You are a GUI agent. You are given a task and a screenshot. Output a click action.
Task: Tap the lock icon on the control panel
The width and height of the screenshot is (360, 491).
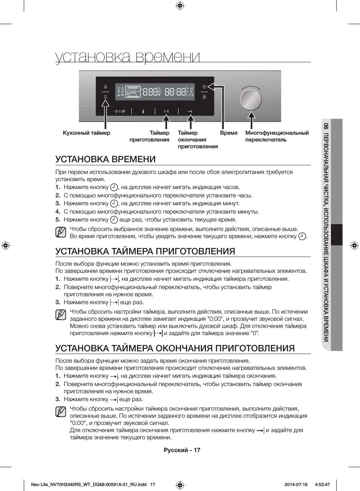tap(204, 97)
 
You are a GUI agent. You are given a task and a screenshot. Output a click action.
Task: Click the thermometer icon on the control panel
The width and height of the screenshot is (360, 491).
tap(143, 111)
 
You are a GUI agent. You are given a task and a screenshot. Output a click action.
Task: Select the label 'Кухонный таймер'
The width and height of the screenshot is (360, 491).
tap(86, 133)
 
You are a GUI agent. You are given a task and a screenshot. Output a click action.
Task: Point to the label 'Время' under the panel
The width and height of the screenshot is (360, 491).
tap(229, 133)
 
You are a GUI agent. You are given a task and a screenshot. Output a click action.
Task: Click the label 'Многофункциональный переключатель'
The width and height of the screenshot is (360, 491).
tap(277, 136)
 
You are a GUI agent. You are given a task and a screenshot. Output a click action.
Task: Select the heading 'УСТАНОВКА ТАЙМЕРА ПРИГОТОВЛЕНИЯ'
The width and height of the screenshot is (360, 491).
tap(145, 251)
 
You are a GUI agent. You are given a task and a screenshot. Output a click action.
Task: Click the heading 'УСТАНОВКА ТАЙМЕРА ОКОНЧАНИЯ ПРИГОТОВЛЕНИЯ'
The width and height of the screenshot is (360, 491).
tap(175, 348)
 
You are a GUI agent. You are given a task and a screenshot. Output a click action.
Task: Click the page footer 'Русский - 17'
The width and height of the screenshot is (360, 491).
tap(182, 450)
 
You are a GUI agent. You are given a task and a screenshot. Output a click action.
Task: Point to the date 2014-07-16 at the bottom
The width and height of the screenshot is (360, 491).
tap(296, 485)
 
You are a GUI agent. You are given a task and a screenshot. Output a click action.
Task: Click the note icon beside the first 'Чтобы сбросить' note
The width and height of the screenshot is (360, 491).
tap(61, 232)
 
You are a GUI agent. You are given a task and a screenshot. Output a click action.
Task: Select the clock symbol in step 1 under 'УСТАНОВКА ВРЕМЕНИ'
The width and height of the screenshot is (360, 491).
tap(114, 187)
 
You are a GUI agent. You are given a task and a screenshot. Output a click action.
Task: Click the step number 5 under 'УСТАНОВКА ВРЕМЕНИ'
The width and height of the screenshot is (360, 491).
tap(58, 220)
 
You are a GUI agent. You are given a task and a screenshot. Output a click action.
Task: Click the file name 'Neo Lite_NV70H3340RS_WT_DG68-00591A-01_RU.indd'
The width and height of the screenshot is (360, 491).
tap(89, 485)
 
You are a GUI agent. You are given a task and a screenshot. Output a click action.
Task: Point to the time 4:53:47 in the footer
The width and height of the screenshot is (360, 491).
tap(322, 485)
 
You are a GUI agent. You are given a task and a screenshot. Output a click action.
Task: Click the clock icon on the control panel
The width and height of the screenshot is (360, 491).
tap(204, 87)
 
